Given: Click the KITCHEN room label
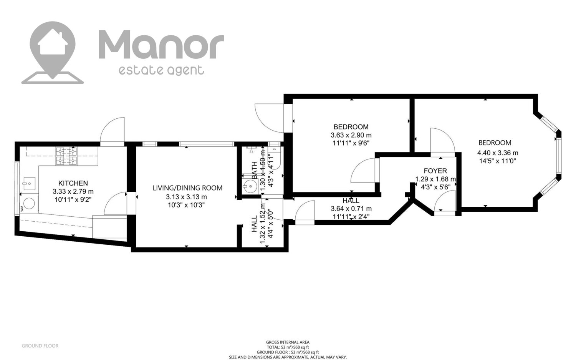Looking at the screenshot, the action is (73, 183).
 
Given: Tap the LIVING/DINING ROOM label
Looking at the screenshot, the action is (187, 188).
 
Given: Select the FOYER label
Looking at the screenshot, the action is (435, 171).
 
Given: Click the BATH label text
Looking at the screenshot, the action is (254, 170).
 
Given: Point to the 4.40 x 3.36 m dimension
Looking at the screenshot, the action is (498, 153).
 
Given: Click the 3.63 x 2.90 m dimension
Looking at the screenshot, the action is (351, 135).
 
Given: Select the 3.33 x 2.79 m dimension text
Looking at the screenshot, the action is (73, 191).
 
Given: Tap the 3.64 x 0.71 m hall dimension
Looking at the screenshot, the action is (351, 209).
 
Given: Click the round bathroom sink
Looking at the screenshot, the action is (250, 186).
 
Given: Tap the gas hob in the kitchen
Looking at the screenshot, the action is (66, 156).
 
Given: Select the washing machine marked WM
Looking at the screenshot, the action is (29, 204).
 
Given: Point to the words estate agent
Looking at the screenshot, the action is (161, 70).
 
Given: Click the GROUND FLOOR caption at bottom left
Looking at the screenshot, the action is (40, 346).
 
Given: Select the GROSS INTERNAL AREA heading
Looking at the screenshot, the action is (288, 342).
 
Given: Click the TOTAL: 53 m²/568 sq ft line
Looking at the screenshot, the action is (288, 347).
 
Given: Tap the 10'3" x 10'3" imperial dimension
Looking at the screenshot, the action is (186, 205).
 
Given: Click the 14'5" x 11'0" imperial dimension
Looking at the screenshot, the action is (498, 161).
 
